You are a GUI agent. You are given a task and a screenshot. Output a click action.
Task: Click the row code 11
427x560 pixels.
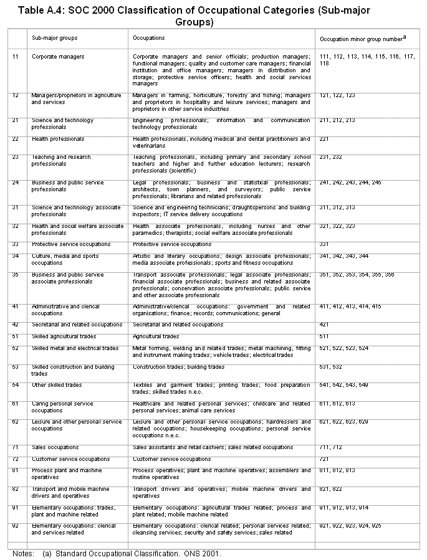click(16, 57)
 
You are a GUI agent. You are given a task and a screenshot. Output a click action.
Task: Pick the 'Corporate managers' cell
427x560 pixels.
click(58, 57)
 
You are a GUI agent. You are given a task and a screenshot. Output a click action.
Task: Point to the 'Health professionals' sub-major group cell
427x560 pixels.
click(57, 139)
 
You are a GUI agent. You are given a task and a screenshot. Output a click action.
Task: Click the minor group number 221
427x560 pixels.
click(324, 139)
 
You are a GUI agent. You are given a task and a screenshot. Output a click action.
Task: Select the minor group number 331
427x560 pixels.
click(324, 244)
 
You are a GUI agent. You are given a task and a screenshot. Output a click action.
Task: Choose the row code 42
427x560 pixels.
click(16, 325)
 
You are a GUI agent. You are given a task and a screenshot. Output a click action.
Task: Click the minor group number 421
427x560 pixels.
click(324, 325)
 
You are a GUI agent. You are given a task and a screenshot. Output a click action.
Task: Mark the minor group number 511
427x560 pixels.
click(324, 336)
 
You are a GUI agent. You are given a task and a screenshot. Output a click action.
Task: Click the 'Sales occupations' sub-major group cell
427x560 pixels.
click(55, 447)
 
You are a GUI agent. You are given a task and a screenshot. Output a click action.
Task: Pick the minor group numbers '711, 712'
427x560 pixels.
click(330, 447)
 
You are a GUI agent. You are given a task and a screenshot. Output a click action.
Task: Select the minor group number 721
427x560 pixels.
click(324, 459)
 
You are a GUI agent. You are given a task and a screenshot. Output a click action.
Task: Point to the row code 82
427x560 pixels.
click(16, 490)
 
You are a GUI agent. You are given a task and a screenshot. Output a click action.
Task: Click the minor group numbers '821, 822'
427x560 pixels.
click(330, 490)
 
